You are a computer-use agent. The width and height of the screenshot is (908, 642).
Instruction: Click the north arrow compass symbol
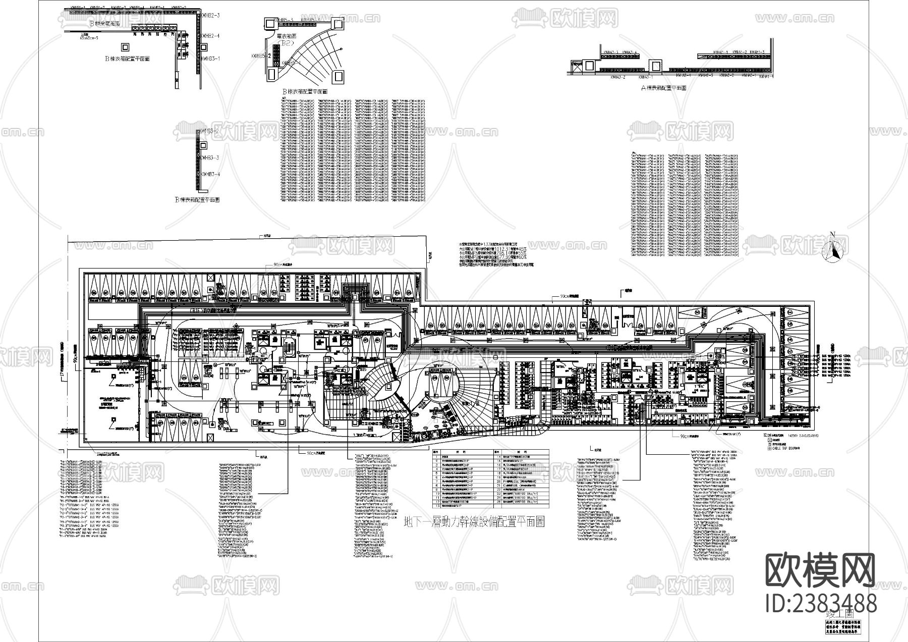pos(834,251)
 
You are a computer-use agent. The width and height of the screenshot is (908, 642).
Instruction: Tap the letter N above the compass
pos(833,234)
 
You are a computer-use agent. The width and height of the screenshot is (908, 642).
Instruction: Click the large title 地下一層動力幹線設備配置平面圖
pos(475,521)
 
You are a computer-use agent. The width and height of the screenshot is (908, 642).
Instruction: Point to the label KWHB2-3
pos(211,16)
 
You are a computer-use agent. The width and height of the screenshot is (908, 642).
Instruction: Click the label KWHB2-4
pos(211,36)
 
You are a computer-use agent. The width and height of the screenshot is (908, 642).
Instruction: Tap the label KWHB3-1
pos(211,59)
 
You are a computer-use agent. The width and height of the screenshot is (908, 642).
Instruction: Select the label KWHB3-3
pos(210,158)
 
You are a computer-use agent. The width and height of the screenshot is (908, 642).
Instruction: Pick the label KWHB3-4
pos(210,174)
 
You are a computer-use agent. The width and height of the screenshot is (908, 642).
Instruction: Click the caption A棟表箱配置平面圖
pos(663,88)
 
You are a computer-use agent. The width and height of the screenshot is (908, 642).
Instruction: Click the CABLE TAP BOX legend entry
pos(781,448)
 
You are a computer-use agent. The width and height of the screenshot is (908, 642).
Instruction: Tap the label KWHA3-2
pos(618,78)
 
